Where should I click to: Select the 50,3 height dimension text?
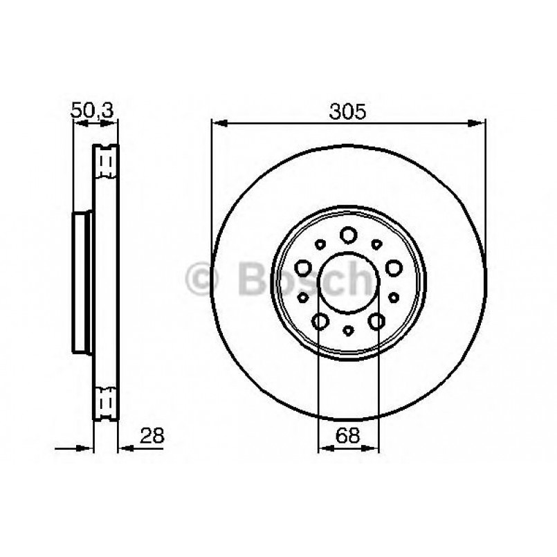[x=92, y=110]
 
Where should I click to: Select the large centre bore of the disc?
[x=349, y=283]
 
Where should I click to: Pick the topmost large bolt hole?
[x=348, y=235]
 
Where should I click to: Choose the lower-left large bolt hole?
[x=320, y=321]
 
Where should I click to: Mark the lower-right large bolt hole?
[x=377, y=321]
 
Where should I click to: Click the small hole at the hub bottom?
[x=348, y=331]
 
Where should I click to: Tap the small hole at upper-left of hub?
[x=320, y=244]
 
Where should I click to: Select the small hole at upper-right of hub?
[x=377, y=244]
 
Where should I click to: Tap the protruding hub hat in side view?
[x=82, y=282]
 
